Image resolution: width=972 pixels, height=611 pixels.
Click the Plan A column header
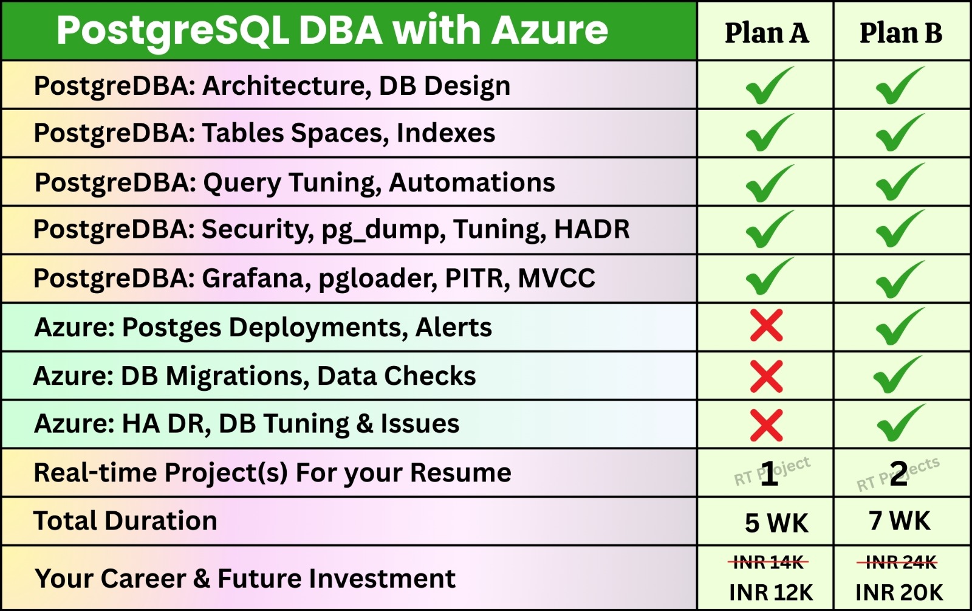pos(767,33)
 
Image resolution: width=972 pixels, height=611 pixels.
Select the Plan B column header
pos(901,33)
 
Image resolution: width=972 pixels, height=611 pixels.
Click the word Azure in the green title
pos(549,30)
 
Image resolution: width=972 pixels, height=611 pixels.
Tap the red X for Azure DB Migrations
pos(766,376)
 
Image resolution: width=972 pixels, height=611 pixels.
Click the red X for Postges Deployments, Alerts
pos(766,325)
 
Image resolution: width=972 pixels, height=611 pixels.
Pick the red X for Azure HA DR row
pos(766,425)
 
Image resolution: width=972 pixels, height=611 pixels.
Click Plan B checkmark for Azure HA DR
pos(899,423)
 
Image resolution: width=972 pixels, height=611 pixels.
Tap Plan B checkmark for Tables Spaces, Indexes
pos(899,133)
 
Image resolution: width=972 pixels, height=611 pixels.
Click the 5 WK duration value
pos(776,522)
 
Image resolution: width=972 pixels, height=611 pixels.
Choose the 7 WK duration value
pos(900,520)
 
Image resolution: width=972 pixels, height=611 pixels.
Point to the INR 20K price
pos(899,593)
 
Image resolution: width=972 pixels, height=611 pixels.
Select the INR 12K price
pos(771,593)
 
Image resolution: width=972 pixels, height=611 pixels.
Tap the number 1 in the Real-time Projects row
pos(769,474)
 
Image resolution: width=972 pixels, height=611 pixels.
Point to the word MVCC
pos(556,278)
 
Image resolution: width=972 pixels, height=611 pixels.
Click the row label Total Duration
pos(125,520)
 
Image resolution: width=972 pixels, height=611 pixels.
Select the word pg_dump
pos(380,230)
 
